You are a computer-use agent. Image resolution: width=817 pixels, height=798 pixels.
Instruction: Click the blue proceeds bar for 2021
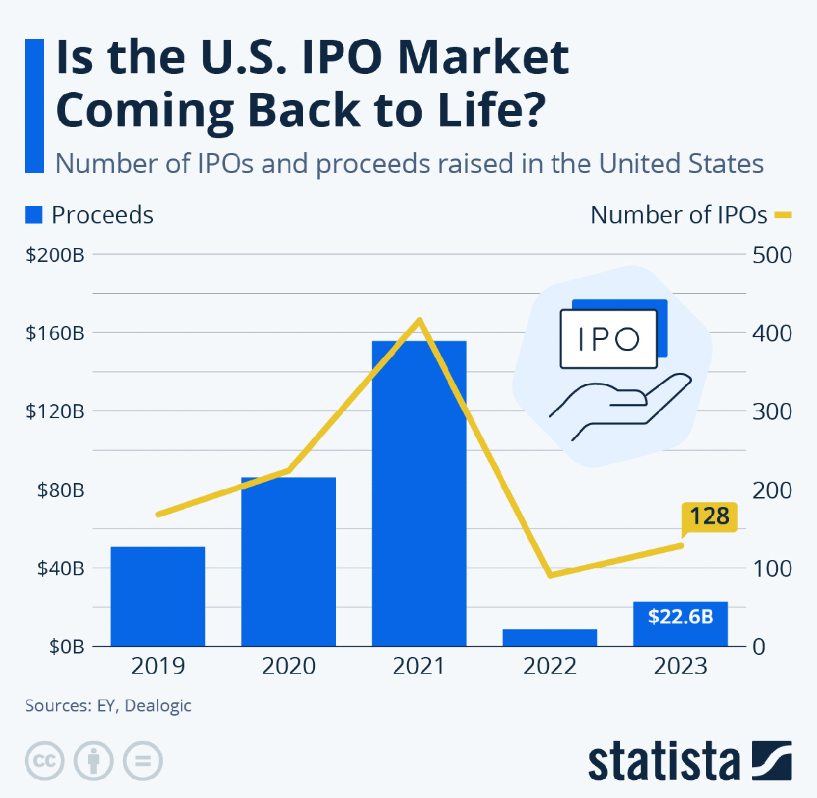click(419, 494)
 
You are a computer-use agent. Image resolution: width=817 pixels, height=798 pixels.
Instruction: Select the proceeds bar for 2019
click(158, 596)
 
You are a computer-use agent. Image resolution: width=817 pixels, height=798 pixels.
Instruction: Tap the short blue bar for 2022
click(550, 637)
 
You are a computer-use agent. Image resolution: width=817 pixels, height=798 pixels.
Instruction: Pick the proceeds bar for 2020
click(288, 561)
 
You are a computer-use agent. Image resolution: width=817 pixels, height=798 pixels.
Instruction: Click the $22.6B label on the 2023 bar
click(681, 616)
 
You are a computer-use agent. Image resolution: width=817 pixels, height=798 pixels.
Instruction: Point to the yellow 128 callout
click(709, 517)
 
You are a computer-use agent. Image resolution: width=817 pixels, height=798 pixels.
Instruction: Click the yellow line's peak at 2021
click(420, 319)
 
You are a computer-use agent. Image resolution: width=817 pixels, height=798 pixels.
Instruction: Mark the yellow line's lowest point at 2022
click(550, 575)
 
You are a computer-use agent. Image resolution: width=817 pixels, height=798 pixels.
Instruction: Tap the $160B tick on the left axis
click(54, 333)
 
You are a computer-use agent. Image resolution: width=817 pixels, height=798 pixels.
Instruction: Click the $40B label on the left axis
click(61, 568)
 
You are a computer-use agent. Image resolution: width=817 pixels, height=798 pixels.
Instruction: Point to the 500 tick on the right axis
click(772, 256)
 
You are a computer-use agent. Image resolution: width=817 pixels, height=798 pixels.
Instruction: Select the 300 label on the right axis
click(772, 411)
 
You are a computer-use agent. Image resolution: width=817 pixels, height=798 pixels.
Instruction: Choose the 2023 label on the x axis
click(681, 666)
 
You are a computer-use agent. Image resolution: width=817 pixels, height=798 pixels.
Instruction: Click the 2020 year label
click(288, 666)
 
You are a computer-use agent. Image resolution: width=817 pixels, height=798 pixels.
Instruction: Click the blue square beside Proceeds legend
click(34, 215)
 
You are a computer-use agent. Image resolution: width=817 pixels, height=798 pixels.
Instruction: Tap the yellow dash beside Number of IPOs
click(783, 214)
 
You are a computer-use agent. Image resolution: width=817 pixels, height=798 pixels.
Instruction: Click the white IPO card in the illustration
click(609, 339)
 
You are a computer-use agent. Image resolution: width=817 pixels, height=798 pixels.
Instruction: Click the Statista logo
click(690, 761)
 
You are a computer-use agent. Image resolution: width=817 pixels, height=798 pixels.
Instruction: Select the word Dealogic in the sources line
click(158, 706)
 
